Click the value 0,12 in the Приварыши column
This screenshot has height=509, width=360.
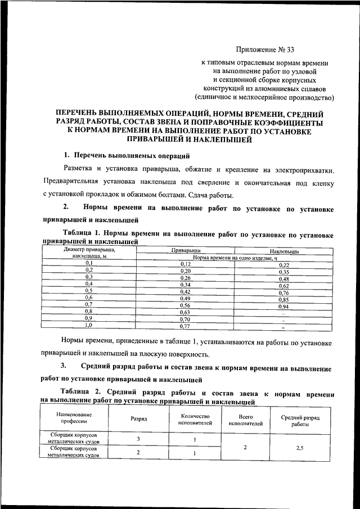(x=186, y=263)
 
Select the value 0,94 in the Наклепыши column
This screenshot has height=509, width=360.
(x=283, y=307)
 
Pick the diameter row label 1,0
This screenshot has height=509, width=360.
(x=89, y=325)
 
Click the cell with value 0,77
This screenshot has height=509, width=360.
(x=186, y=325)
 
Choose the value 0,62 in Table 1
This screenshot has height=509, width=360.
(x=283, y=286)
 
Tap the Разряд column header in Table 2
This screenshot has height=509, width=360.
(x=139, y=419)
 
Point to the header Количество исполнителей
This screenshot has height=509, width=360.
(x=194, y=419)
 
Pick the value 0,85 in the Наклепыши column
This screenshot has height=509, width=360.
(x=283, y=300)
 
